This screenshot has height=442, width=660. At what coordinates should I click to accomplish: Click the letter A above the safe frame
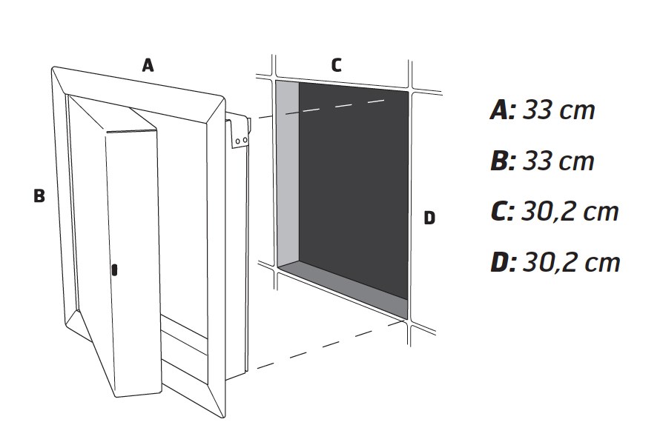(x=148, y=65)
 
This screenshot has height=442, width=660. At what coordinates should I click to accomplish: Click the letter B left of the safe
(x=39, y=195)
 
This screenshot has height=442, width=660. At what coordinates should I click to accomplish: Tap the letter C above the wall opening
(x=337, y=65)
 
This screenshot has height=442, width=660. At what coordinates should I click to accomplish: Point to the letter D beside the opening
(x=429, y=218)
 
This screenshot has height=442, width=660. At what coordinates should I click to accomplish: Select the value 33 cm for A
(x=558, y=110)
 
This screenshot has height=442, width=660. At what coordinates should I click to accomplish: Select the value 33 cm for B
(x=558, y=161)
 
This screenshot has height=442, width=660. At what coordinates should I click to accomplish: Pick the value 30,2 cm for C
(x=570, y=212)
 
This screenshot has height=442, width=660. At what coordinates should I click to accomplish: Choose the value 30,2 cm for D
(x=571, y=263)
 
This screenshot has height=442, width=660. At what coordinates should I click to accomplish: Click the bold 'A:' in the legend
(x=503, y=110)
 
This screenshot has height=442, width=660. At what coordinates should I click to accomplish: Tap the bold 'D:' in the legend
(x=503, y=263)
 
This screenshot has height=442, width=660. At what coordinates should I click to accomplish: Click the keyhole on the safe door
(x=114, y=270)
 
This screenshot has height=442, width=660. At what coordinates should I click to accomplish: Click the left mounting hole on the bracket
(x=237, y=141)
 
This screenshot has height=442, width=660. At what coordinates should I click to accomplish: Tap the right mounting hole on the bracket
(x=245, y=140)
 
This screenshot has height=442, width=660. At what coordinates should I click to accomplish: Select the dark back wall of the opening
(x=354, y=189)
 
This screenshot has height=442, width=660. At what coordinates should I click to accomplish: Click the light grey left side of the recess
(x=288, y=173)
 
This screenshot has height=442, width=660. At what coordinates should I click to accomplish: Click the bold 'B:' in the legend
(x=503, y=161)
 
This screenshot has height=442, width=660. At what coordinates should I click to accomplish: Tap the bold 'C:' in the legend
(x=502, y=212)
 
